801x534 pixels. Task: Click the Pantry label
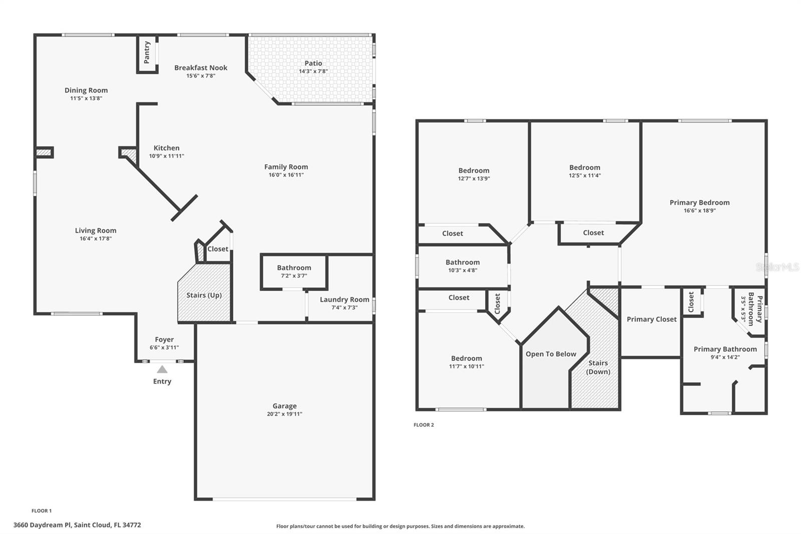pyautogui.click(x=147, y=52)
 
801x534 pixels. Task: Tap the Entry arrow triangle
pyautogui.click(x=162, y=370)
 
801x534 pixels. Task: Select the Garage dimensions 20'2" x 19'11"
pyautogui.click(x=284, y=414)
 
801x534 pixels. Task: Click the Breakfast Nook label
pyautogui.click(x=201, y=68)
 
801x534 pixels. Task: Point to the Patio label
pyautogui.click(x=313, y=63)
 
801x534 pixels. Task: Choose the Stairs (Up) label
pyautogui.click(x=204, y=295)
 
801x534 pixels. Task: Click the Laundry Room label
pyautogui.click(x=344, y=300)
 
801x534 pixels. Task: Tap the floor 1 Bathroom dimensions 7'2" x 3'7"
pyautogui.click(x=294, y=276)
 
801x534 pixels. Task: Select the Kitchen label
pyautogui.click(x=166, y=148)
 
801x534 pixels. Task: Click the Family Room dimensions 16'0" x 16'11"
pyautogui.click(x=286, y=175)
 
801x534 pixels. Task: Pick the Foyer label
pyautogui.click(x=164, y=339)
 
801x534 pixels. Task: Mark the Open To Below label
pyautogui.click(x=551, y=354)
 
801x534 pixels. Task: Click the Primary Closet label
pyautogui.click(x=651, y=319)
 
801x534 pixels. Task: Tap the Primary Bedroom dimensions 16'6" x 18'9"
pyautogui.click(x=699, y=210)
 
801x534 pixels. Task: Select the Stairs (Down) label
pyautogui.click(x=598, y=367)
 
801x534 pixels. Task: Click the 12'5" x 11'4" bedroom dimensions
pyautogui.click(x=584, y=175)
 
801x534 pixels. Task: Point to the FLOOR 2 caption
pyautogui.click(x=424, y=425)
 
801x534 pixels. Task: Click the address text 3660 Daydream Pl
pyautogui.click(x=42, y=525)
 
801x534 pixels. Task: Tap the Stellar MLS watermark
pyautogui.click(x=777, y=267)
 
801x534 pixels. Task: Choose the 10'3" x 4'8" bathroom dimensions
pyautogui.click(x=463, y=270)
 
